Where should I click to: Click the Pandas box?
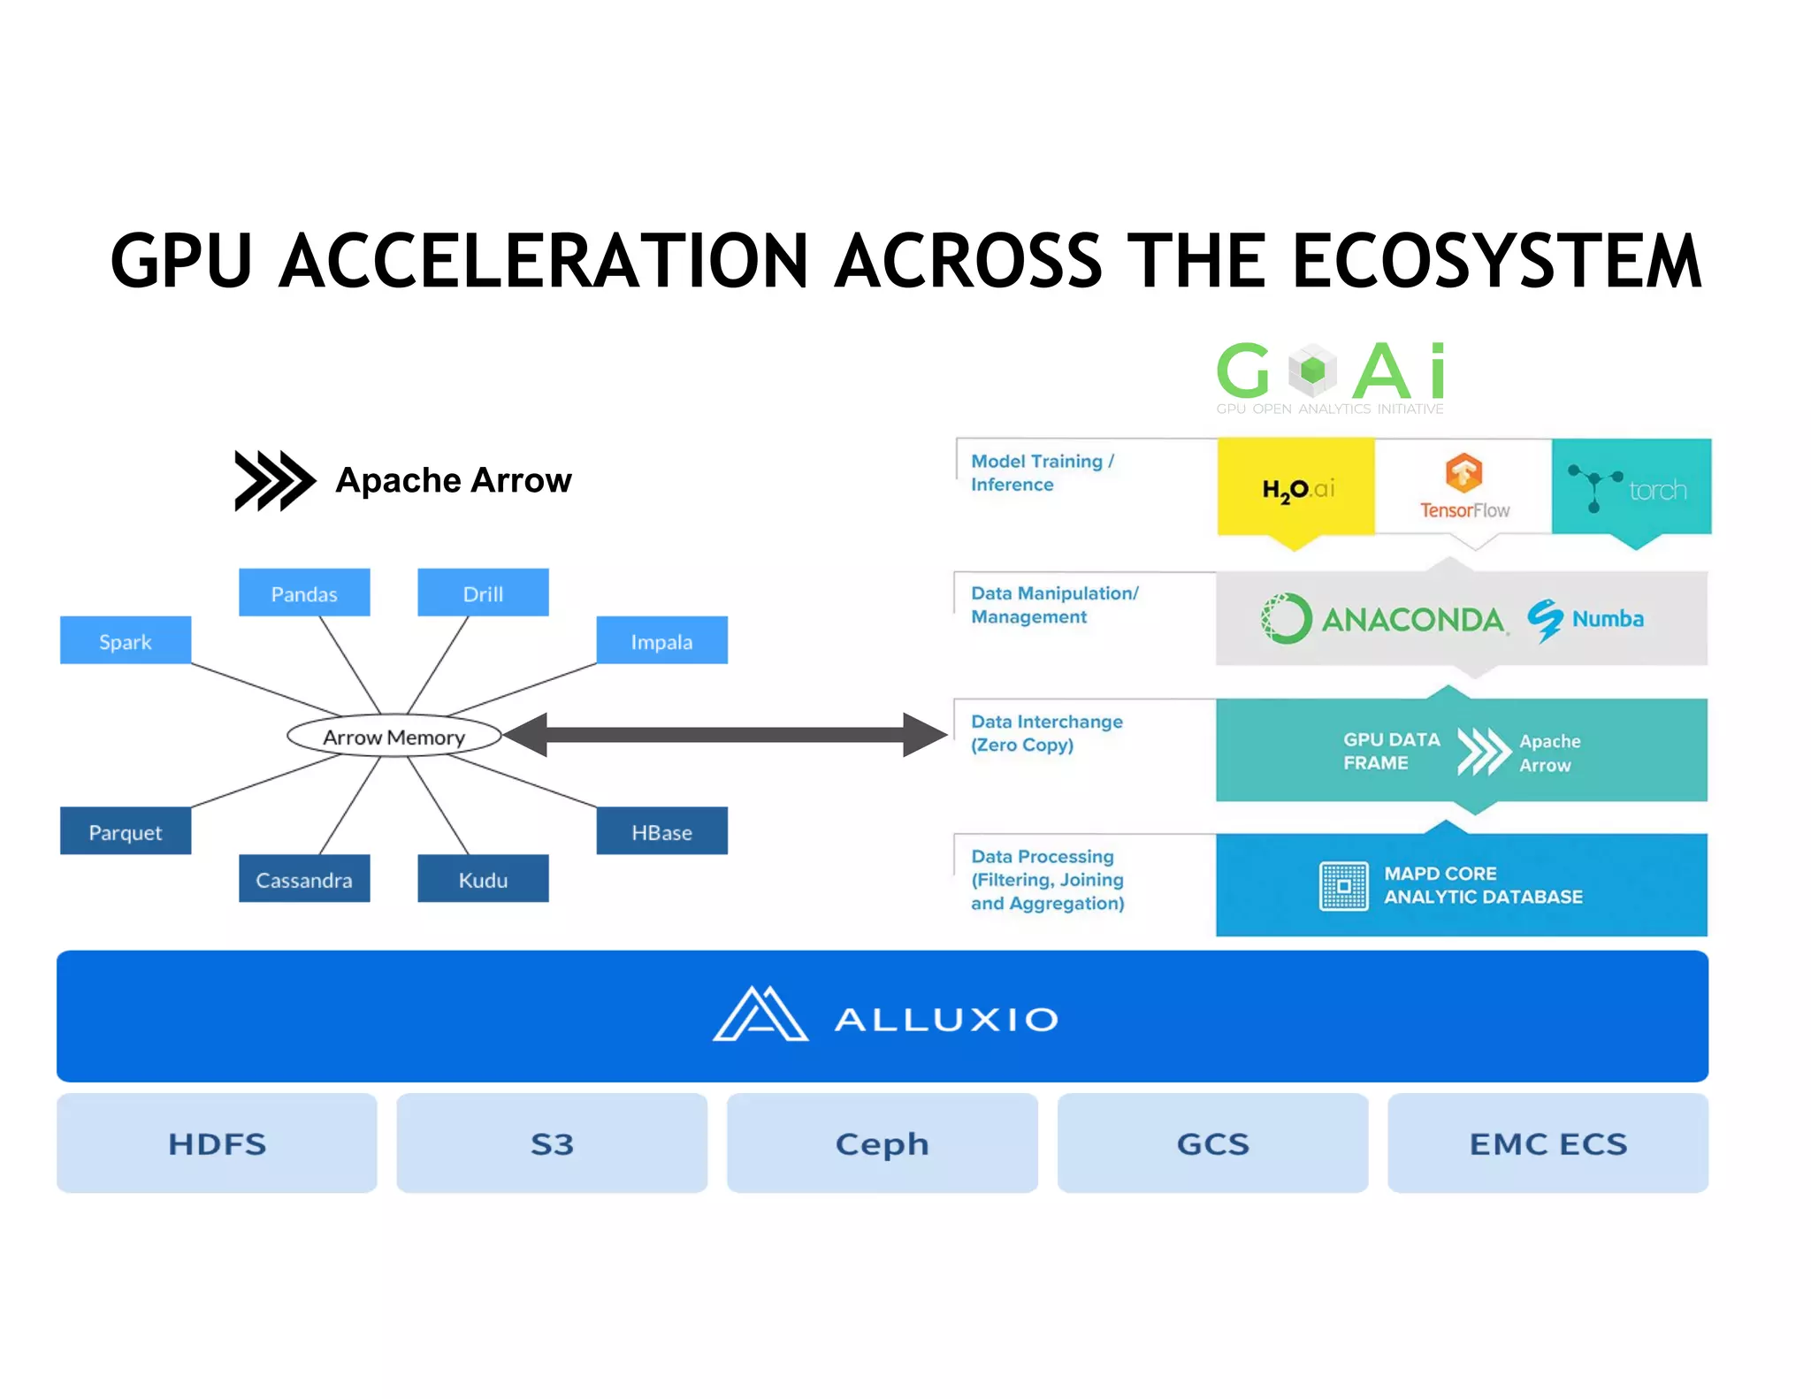pyautogui.click(x=304, y=592)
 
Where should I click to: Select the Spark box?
pyautogui.click(x=126, y=640)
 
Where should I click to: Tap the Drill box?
pyautogui.click(x=483, y=592)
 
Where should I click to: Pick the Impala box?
pyautogui.click(x=661, y=640)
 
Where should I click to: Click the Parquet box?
pyautogui.click(x=126, y=831)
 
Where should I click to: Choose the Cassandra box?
pyautogui.click(x=304, y=879)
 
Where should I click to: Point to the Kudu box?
pyautogui.click(x=483, y=879)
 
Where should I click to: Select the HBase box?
pyautogui.click(x=661, y=831)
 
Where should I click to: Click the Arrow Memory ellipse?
pyautogui.click(x=394, y=736)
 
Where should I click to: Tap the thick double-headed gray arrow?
pyautogui.click(x=725, y=735)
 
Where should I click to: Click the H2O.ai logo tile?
pyautogui.click(x=1296, y=488)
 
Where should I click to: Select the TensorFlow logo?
pyautogui.click(x=1464, y=486)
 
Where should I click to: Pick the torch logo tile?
pyautogui.click(x=1632, y=488)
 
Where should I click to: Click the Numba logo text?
pyautogui.click(x=1607, y=619)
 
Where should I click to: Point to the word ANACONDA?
pyautogui.click(x=1412, y=620)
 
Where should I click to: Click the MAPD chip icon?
pyautogui.click(x=1344, y=886)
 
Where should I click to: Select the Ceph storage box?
pyautogui.click(x=883, y=1143)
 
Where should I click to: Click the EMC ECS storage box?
pyautogui.click(x=1547, y=1143)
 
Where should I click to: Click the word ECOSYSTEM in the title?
pyautogui.click(x=1496, y=262)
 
